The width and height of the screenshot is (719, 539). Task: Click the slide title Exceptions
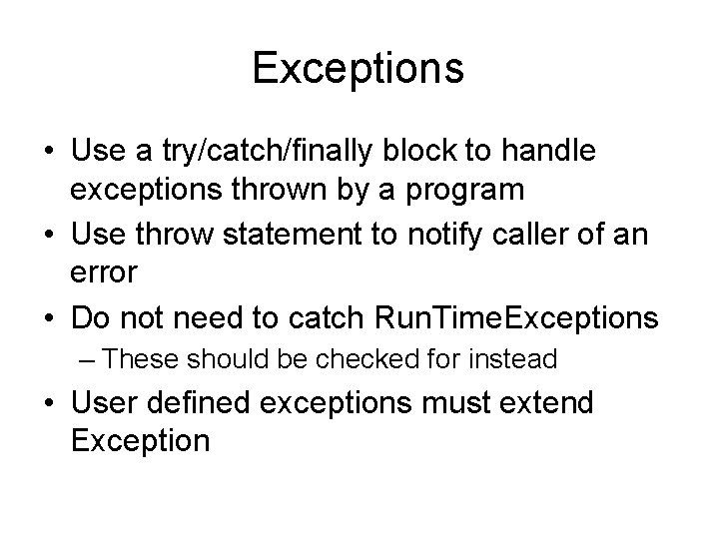(359, 69)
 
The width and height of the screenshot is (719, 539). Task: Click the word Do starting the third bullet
(92, 319)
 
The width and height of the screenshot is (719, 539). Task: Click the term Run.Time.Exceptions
(515, 319)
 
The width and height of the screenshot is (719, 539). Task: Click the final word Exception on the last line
(141, 440)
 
